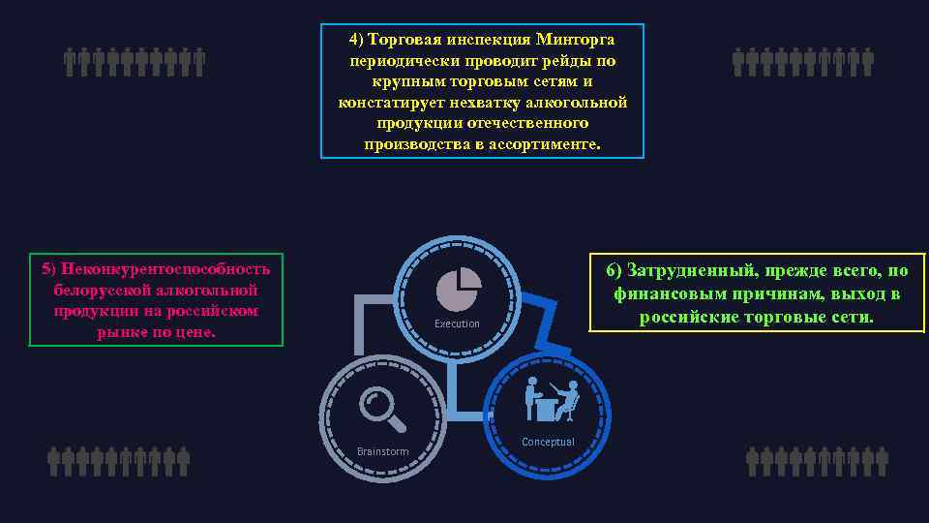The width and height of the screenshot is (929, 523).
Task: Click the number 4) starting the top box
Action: tap(357, 39)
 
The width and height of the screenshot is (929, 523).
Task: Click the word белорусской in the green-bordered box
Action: tap(95, 290)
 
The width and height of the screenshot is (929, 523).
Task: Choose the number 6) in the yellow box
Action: tap(615, 270)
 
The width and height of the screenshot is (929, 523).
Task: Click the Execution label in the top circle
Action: tap(457, 323)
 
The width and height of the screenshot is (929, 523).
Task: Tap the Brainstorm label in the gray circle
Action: tap(382, 451)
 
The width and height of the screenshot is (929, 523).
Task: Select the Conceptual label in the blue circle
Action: tap(548, 442)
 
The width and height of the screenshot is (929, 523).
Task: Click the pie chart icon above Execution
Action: tap(459, 287)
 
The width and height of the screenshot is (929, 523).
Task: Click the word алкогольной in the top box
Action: tap(579, 102)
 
